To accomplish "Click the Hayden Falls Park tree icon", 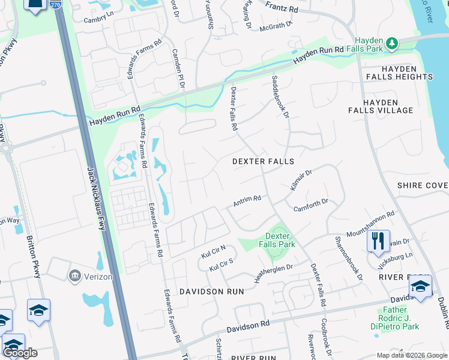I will click(x=392, y=43).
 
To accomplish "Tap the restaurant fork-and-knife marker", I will click(x=378, y=241).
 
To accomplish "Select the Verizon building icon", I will click(x=75, y=275).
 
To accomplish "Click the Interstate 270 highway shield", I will click(x=56, y=5).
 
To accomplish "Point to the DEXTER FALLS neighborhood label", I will click(x=264, y=161).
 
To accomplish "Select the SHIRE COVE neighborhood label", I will click(x=423, y=186).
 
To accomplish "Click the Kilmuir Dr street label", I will click(x=302, y=179).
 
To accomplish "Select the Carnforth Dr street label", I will click(x=310, y=206).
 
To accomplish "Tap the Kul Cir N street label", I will click(x=212, y=251).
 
